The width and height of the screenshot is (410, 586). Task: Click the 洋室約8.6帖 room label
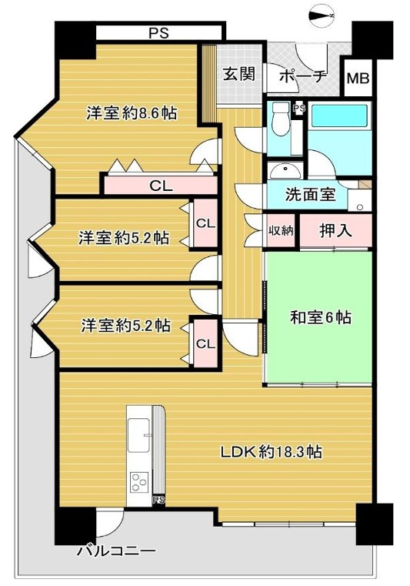131,113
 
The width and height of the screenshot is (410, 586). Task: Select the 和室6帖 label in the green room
320,316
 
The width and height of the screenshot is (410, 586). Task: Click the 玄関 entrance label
238,75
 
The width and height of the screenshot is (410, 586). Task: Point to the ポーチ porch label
303,75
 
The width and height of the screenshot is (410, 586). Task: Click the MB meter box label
357,78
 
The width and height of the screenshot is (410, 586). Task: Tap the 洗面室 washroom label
311,195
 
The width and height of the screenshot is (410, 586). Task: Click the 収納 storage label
281,231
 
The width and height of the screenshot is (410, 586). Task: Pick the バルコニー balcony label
116,551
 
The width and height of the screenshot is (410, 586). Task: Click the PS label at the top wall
160,32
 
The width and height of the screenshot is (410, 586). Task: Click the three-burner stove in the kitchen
139,483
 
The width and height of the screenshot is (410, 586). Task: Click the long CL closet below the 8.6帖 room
161,185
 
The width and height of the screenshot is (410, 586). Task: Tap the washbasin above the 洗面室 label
287,170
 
